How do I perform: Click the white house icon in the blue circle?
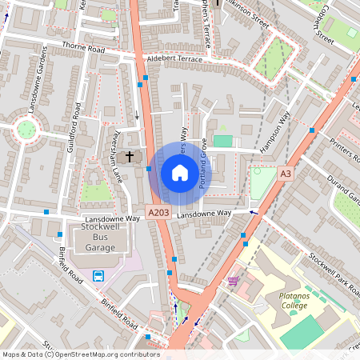coord(180,173)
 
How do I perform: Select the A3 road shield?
coord(285,173)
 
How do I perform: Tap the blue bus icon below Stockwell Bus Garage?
coord(98,276)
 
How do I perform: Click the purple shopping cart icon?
coord(233,281)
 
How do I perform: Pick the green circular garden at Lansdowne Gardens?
coord(26,128)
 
